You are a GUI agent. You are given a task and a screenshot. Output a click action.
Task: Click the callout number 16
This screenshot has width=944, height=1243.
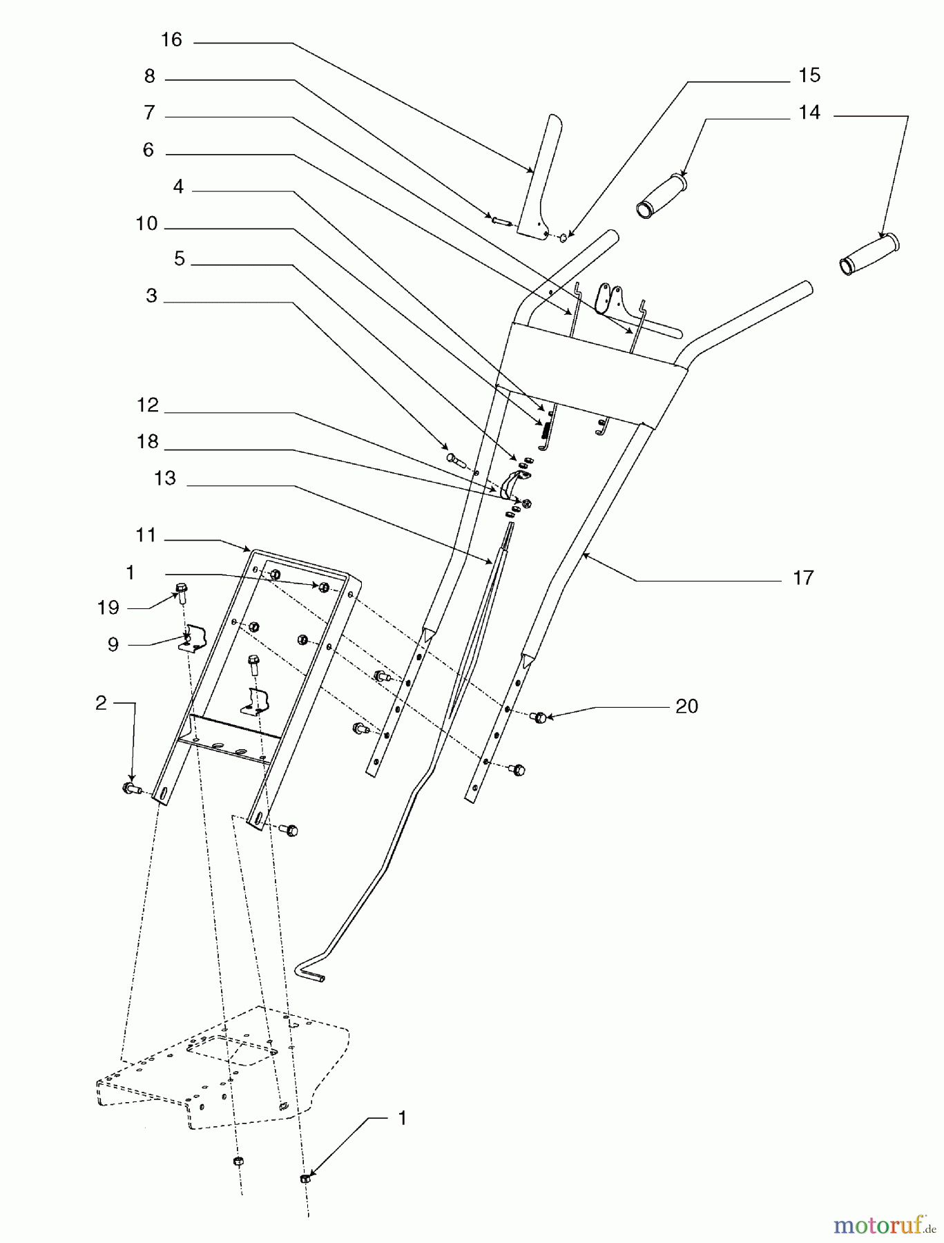(171, 40)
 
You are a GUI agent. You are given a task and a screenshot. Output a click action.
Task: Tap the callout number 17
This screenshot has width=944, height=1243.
(802, 577)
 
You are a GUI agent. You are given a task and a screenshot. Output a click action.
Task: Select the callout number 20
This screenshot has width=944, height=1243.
(686, 706)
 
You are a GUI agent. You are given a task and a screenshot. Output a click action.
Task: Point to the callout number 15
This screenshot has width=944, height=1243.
(809, 75)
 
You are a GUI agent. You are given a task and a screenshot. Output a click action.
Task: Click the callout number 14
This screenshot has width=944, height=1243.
(809, 112)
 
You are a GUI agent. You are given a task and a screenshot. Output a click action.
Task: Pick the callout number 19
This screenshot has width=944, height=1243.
(108, 608)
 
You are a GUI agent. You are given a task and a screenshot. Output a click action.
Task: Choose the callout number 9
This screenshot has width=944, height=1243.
(113, 644)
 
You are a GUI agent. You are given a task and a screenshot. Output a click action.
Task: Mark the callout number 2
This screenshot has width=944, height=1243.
(102, 703)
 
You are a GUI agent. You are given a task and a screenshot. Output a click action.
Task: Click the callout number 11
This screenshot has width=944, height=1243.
(146, 535)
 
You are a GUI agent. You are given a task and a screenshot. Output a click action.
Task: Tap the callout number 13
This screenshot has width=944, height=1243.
(165, 478)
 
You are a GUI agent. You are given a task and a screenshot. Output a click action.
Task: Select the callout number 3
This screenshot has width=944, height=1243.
(151, 296)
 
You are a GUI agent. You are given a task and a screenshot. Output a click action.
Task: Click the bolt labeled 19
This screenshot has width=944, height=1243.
(182, 592)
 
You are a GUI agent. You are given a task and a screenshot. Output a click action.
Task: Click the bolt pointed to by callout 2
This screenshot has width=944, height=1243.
(130, 788)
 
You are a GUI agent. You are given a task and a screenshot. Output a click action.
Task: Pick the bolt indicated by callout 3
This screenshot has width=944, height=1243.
(454, 458)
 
